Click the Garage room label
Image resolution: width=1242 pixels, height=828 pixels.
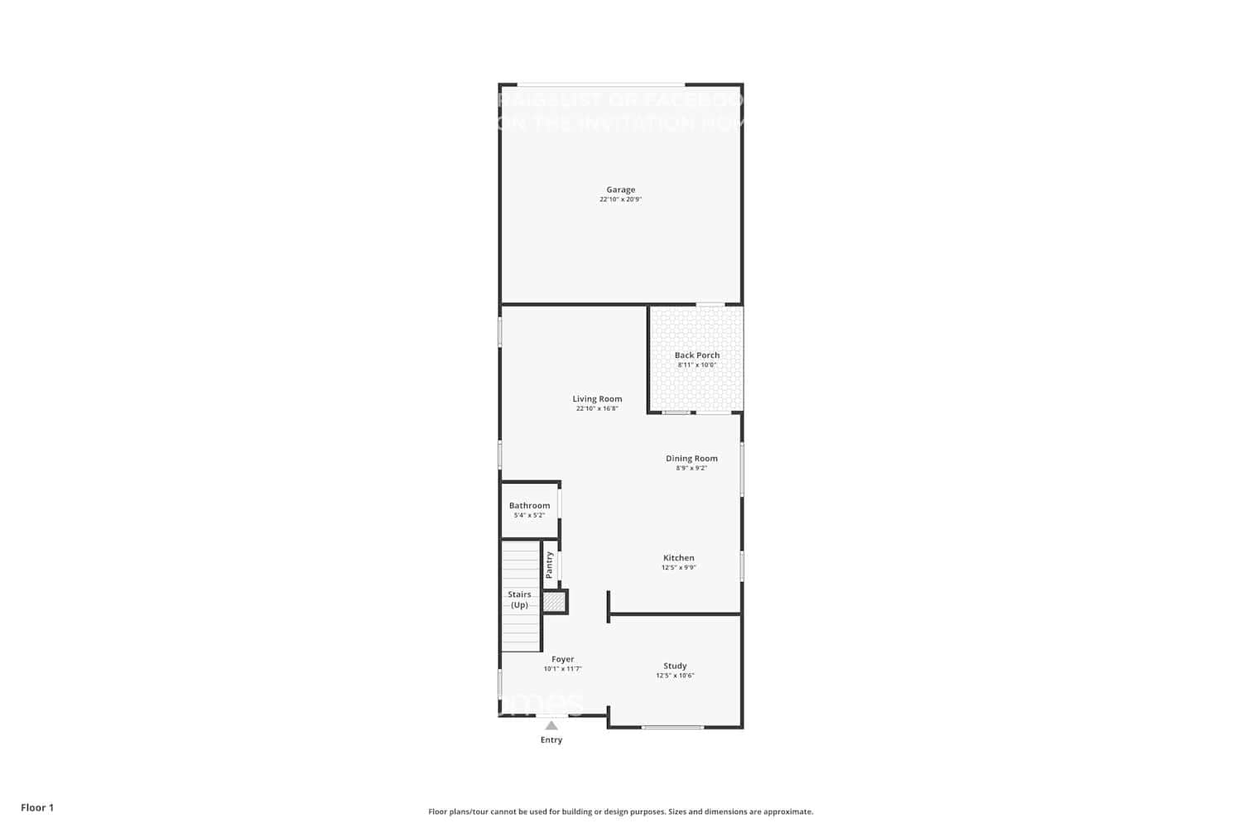pyautogui.click(x=620, y=190)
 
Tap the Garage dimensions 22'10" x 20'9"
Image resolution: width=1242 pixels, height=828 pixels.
pyautogui.click(x=620, y=200)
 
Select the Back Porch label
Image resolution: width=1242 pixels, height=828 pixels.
pyautogui.click(x=696, y=355)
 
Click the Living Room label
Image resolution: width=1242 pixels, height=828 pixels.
pyautogui.click(x=597, y=399)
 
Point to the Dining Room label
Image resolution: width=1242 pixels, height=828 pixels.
pyautogui.click(x=691, y=459)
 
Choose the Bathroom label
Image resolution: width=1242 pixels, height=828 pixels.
pyautogui.click(x=529, y=506)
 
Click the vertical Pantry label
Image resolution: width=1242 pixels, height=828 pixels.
pyautogui.click(x=549, y=565)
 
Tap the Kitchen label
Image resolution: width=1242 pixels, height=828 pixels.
pyautogui.click(x=678, y=558)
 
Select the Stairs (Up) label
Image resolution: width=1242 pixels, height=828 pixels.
pyautogui.click(x=519, y=599)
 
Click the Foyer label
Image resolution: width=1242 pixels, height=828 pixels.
pyautogui.click(x=562, y=659)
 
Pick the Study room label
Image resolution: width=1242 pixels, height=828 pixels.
pyautogui.click(x=675, y=666)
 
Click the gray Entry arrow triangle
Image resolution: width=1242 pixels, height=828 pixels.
pyautogui.click(x=551, y=725)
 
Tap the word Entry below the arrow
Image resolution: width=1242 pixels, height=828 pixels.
pyautogui.click(x=551, y=740)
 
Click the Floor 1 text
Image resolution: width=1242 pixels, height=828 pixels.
pyautogui.click(x=37, y=808)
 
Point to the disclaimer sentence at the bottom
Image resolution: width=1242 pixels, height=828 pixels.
pyautogui.click(x=620, y=812)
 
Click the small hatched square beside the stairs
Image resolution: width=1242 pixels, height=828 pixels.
pyautogui.click(x=554, y=602)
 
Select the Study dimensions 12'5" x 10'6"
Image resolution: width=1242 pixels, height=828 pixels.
pyautogui.click(x=675, y=676)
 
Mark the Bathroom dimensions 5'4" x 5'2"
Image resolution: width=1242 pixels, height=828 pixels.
pyautogui.click(x=529, y=515)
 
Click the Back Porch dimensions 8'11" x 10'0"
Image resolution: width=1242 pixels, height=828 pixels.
pyautogui.click(x=696, y=365)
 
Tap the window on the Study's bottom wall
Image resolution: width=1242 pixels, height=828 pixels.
pyautogui.click(x=672, y=728)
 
